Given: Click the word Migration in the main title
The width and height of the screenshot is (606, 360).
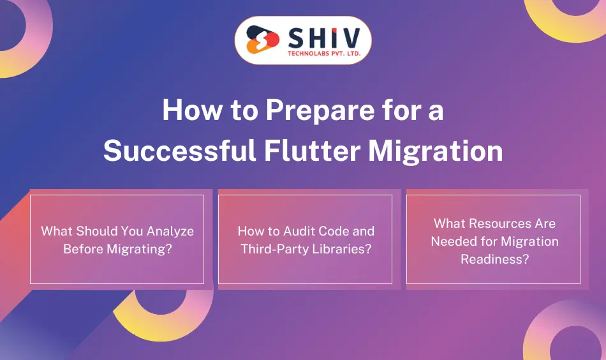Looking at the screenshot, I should tap(436, 151).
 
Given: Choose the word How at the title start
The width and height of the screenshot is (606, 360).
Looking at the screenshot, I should tap(186, 110).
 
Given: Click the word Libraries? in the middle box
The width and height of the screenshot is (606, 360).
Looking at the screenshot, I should tap(341, 249).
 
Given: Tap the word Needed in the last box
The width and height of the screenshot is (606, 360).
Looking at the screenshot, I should tap(453, 241).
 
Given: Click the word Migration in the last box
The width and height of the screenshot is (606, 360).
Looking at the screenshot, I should tap(530, 241).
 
